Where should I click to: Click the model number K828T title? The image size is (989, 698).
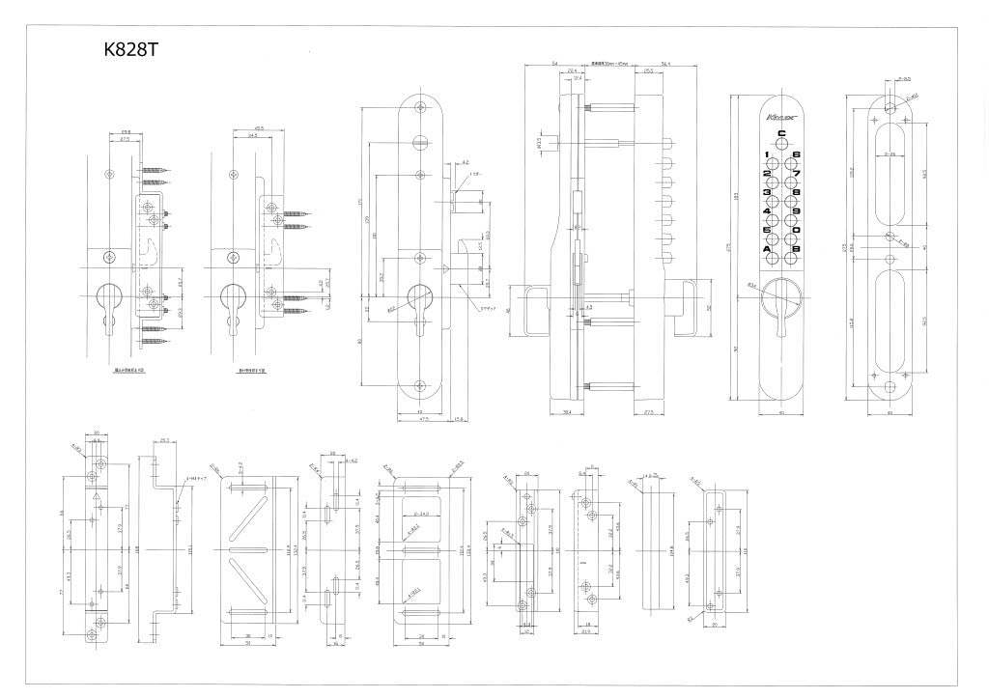(129, 50)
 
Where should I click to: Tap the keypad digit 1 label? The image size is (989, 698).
(767, 155)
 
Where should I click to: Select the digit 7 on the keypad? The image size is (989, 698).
(797, 174)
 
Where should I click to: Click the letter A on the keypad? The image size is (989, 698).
(767, 250)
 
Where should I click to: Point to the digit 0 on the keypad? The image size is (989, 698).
(797, 231)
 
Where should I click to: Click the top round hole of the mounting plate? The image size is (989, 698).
(890, 99)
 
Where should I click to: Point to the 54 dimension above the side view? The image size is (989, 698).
(554, 64)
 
